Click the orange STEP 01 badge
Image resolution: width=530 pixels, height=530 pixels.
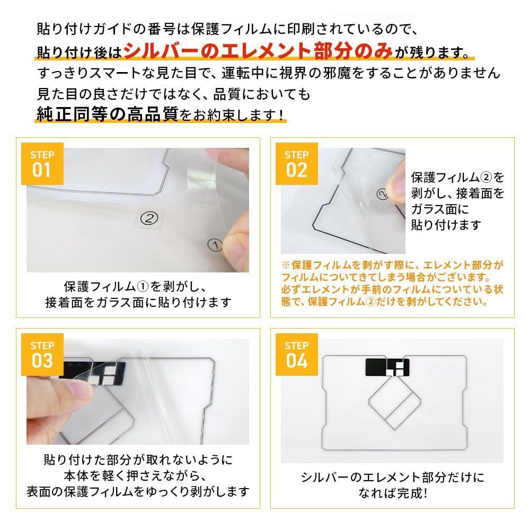[42, 164]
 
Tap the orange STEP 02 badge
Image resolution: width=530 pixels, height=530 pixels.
[296, 164]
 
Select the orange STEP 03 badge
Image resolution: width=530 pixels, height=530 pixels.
[42, 354]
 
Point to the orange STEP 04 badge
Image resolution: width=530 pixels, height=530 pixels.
[296, 354]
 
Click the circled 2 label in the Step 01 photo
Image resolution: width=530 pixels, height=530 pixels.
[149, 218]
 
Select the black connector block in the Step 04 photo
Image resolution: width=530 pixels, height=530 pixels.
[387, 367]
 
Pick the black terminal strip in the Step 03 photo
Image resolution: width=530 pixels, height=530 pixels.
[93, 373]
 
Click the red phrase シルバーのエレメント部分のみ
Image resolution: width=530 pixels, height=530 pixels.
[258, 51]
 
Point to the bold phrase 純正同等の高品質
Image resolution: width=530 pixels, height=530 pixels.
[108, 114]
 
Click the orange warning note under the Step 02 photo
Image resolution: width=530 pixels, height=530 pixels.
[392, 283]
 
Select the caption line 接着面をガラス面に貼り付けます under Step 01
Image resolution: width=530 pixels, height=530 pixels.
[138, 302]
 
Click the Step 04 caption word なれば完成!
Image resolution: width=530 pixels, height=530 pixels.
[392, 493]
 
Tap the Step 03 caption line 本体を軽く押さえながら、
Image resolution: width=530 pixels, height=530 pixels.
[135, 475]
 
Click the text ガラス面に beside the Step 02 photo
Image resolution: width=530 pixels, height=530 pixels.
[440, 209]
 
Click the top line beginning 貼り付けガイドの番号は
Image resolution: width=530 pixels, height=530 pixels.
[227, 29]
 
